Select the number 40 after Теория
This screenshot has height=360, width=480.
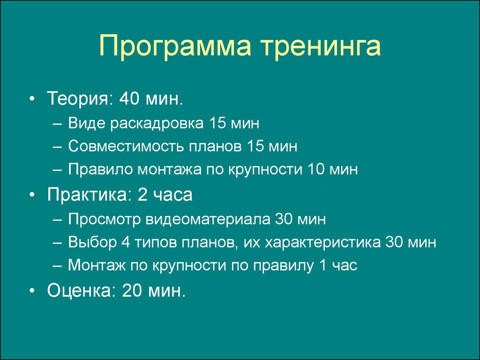(x=129, y=98)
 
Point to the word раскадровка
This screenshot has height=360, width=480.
(x=157, y=124)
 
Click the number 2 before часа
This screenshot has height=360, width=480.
(x=142, y=194)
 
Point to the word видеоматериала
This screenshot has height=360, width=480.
(x=208, y=219)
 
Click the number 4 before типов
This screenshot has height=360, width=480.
(x=126, y=242)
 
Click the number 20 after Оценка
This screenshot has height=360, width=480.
(x=132, y=290)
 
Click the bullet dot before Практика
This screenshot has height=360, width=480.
(x=32, y=195)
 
